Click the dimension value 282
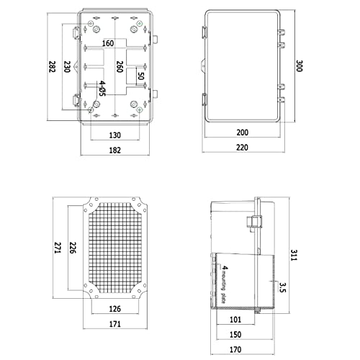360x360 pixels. coord(51,67)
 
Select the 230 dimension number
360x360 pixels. coord(67,67)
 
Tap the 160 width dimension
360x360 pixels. coord(108,43)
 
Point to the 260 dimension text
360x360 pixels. coord(119,71)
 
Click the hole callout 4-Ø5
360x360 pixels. coord(103,89)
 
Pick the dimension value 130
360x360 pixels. coord(115,135)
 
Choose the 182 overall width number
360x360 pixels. coord(115,150)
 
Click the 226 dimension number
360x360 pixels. coord(72,246)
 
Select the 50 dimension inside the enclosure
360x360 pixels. coord(141,76)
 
